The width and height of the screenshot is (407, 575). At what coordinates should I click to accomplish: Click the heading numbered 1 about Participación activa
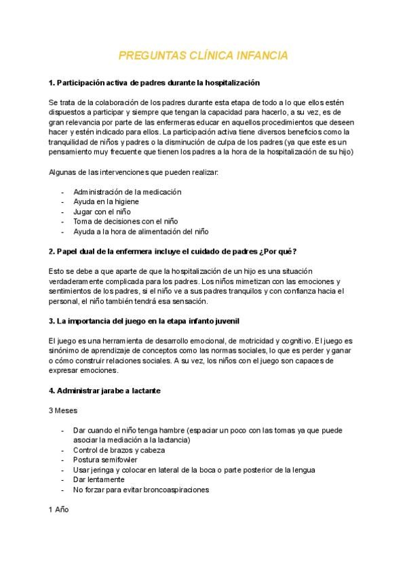[154, 83]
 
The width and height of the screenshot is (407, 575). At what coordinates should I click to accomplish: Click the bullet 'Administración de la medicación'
[127, 192]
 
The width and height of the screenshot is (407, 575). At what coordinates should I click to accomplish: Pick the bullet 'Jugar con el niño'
[102, 212]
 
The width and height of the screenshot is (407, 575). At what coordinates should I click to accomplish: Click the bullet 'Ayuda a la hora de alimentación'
[140, 231]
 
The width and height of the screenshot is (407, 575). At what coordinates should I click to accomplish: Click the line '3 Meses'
[62, 411]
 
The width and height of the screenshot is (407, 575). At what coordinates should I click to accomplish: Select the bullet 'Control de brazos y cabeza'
[119, 450]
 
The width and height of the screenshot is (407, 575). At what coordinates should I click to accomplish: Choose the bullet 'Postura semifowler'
[105, 460]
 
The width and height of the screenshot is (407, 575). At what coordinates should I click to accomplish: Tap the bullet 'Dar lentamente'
[98, 479]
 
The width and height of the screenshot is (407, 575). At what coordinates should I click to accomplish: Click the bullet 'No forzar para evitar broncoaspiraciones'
[141, 489]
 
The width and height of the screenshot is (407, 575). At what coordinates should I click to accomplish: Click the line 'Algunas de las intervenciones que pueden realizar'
[134, 173]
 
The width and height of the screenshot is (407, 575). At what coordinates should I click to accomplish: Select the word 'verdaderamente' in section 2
[77, 281]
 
